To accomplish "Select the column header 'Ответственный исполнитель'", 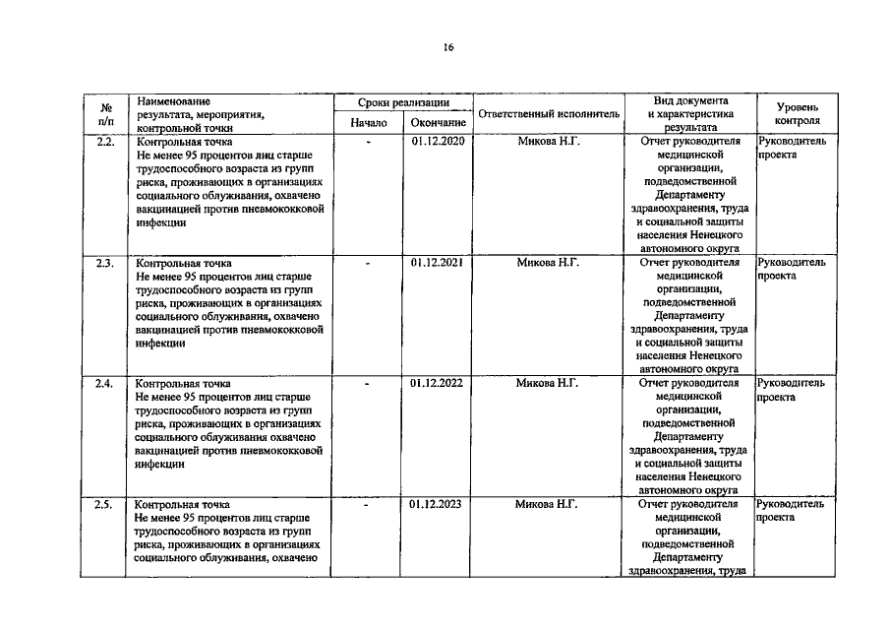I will click(549, 114).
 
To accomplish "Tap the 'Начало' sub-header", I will click(369, 123).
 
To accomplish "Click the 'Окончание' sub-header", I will click(438, 123).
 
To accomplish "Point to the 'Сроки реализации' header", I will click(403, 102).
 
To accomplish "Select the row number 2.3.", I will click(105, 263).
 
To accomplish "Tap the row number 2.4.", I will click(105, 383).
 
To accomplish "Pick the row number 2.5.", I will click(105, 504).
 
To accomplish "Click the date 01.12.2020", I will click(438, 142).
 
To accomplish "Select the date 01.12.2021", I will click(438, 263).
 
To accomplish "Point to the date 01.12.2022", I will click(438, 383).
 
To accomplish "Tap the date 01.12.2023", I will click(438, 504).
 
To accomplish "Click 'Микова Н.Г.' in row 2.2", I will click(549, 142).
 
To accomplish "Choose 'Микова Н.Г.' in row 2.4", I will click(549, 383).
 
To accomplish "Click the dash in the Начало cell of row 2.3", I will click(369, 264).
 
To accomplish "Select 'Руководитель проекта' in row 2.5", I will click(792, 510).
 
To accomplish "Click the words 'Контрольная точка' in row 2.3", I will click(184, 264).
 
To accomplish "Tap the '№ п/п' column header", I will click(105, 113).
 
